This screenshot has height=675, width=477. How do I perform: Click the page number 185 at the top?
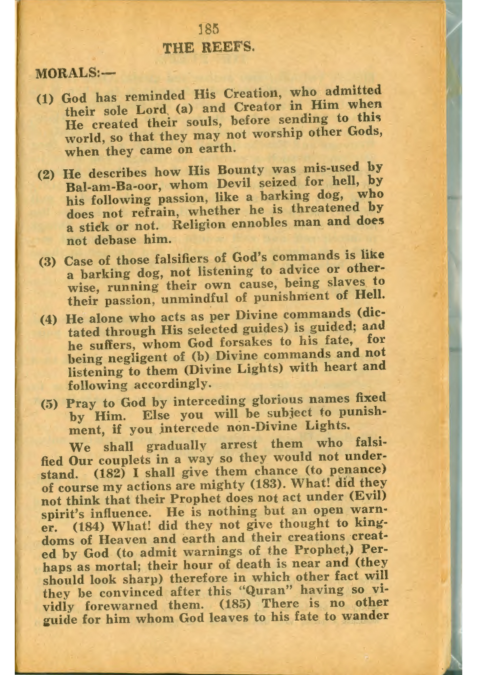pyautogui.click(x=208, y=29)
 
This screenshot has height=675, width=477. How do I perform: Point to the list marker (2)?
pyautogui.click(x=46, y=175)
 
